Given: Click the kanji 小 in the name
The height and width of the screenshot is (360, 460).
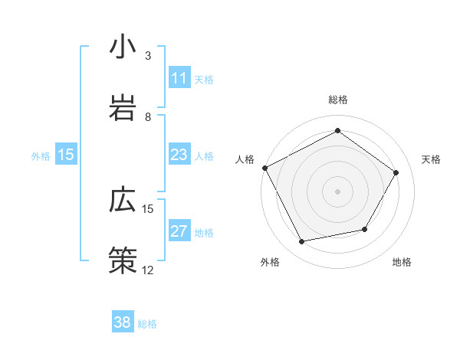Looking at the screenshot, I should tap(122, 47).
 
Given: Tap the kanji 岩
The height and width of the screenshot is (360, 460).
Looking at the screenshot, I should tap(122, 108).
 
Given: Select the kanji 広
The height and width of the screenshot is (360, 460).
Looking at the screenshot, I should tap(122, 199).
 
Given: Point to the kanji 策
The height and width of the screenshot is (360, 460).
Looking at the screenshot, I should tap(122, 260).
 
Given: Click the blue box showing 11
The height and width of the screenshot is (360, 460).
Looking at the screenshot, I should tap(179, 78).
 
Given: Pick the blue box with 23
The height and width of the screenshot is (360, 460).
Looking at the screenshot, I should tap(179, 155).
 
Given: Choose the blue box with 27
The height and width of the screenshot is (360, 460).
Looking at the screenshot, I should tap(179, 231).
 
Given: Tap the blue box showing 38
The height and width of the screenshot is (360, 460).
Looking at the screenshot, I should tap(123, 322).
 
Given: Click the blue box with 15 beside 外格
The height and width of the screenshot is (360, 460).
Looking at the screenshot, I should tap(66, 155).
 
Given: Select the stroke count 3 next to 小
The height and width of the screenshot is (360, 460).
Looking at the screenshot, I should tap(147, 56).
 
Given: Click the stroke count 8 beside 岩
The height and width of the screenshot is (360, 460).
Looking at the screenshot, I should tap(147, 117).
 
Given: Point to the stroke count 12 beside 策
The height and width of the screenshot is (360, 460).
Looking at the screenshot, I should tap(147, 270).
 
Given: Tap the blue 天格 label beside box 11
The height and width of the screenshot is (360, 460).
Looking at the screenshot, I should tap(204, 79).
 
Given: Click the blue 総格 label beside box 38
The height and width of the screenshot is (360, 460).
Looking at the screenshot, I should tap(147, 323).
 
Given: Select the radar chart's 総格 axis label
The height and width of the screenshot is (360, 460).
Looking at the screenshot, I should tap(338, 100).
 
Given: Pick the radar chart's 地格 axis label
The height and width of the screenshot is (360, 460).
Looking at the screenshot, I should tap(402, 263).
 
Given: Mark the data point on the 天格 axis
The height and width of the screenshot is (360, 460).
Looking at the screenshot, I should tap(396, 172).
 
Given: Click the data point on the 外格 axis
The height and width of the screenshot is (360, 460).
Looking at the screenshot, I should tap(302, 242).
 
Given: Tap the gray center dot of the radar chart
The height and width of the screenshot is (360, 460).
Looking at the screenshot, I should tap(338, 191).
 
